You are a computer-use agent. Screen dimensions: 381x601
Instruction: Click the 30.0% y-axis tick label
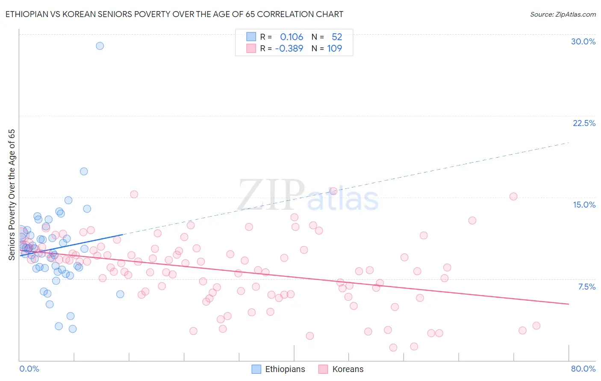point(583,41)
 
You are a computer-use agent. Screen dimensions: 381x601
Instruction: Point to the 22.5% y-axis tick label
point(584,123)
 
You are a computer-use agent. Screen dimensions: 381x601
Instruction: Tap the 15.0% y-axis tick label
point(584,205)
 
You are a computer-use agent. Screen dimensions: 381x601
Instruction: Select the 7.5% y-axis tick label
point(586,287)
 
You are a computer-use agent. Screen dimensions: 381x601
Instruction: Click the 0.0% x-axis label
point(29,369)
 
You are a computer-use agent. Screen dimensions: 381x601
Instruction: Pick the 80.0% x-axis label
point(583,369)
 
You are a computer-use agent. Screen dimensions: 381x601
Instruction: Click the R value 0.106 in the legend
point(292,37)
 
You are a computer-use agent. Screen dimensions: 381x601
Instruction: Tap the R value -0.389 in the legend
point(289,48)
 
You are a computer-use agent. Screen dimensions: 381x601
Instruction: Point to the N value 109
point(334,48)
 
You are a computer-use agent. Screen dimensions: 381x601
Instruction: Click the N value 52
point(337,37)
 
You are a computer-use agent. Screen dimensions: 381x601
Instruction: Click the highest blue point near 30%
point(100,46)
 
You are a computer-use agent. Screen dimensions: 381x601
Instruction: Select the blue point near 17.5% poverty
point(84,171)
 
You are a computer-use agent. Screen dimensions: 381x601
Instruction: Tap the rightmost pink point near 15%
point(513,196)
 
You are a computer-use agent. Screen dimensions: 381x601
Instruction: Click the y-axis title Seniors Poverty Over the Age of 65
point(12,194)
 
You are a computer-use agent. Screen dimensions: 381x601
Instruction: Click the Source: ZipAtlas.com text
point(563,15)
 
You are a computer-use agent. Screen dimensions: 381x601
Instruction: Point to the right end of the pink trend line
point(569,304)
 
